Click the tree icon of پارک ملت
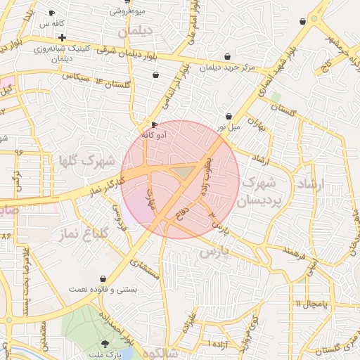coord(105,343)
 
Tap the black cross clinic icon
coord(63,37)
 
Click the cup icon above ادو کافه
coord(155,125)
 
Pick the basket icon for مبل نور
coord(229,117)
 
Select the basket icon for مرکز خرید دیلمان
coord(227,57)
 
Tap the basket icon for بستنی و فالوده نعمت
coord(104,279)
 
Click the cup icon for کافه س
coord(51,13)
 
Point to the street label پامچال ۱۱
coord(311,303)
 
